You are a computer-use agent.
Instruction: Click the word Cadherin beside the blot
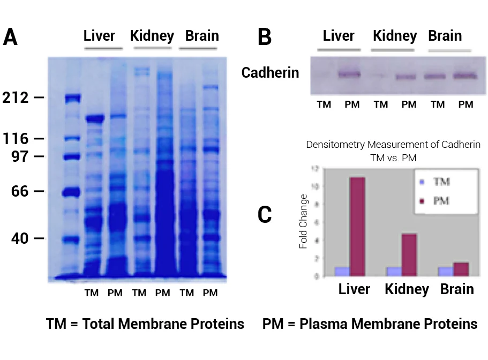[x=270, y=73]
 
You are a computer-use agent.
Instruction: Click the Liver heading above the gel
[x=99, y=36]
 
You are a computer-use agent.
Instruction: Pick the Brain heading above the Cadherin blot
[x=445, y=36]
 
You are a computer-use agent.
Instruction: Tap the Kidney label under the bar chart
[x=407, y=289]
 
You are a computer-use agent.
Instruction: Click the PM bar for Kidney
[x=409, y=255]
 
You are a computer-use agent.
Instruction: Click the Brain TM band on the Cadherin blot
[x=436, y=76]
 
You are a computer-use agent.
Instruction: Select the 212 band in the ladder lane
[x=71, y=98]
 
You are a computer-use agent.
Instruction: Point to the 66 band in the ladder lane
[x=71, y=192]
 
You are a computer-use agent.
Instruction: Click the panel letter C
[x=265, y=214]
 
